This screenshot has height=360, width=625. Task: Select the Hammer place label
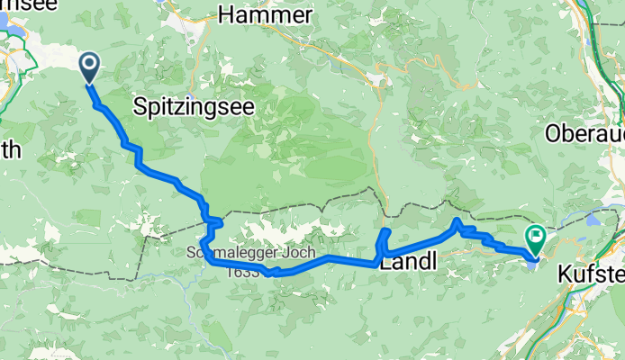pos(266,15)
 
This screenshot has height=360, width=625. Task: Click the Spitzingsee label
pos(193,106)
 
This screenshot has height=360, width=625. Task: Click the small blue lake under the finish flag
pos(533,261)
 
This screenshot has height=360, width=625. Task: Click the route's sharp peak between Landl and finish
pos(457,221)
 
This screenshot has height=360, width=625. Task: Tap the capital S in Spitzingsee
pos(140,106)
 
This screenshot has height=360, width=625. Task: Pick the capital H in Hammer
pos(226,15)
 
